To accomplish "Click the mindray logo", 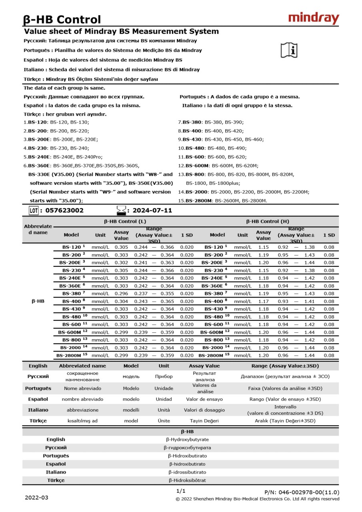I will [314, 18].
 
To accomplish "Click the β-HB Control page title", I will [62, 19].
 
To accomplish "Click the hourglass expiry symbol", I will [120, 210].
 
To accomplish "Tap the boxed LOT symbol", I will [33, 210].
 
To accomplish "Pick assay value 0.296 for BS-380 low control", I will [121, 294].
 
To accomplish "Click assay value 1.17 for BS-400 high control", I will [263, 301].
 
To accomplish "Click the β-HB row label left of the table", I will [38, 301].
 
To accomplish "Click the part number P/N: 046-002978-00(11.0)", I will [302, 492].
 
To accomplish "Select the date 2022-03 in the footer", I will [36, 498].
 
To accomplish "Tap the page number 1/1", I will [181, 491].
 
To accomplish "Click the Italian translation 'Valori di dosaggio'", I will [204, 410].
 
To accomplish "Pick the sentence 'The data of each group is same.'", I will [64, 88].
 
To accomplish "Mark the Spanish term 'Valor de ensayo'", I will [204, 399].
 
